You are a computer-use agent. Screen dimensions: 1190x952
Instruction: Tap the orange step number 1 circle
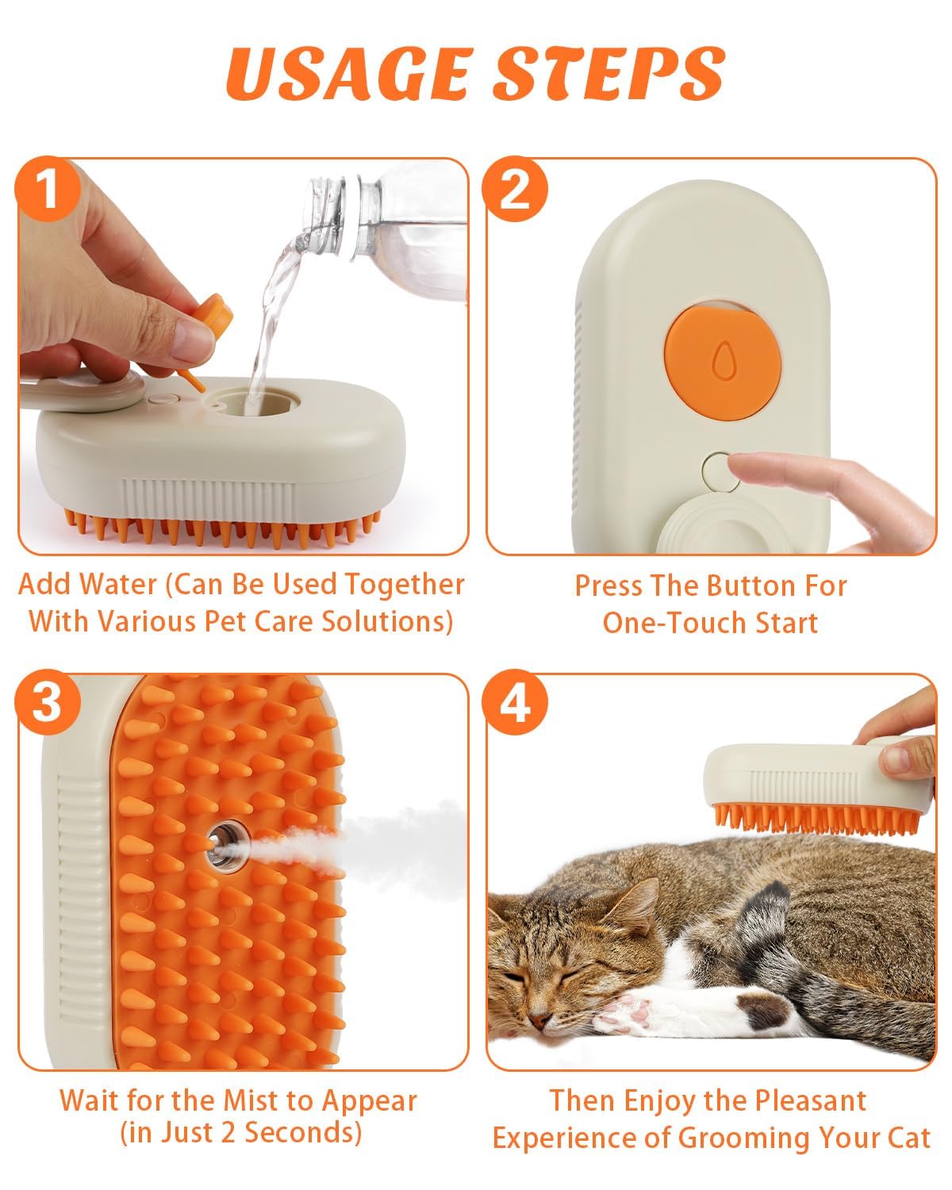(x=48, y=190)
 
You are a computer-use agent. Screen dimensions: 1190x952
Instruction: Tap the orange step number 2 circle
(x=516, y=190)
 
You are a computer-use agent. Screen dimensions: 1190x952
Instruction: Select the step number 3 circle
(x=48, y=704)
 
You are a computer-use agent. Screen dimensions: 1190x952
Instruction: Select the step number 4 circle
(x=516, y=704)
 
